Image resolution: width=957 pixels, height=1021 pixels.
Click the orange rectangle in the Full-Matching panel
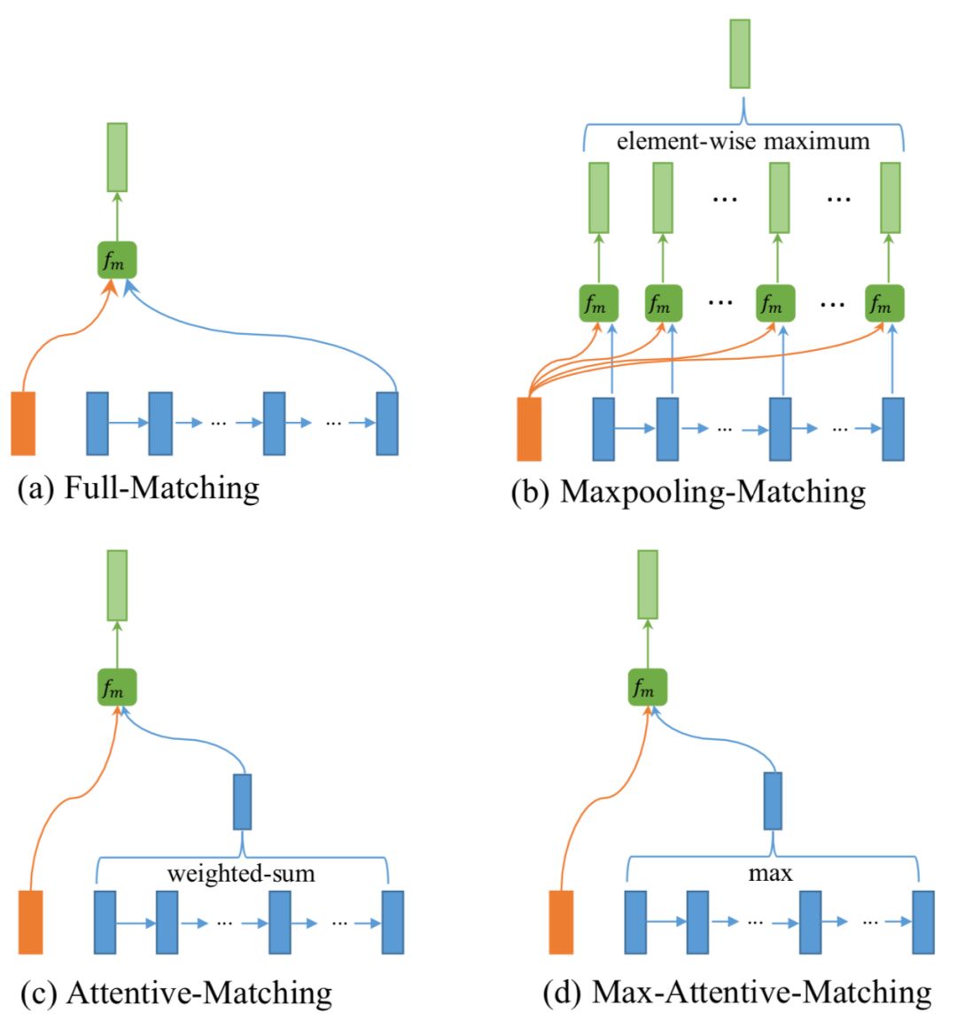[23, 423]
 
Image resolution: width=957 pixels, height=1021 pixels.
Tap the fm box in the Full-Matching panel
[116, 261]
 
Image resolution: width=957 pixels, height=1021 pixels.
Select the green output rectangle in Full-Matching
[117, 157]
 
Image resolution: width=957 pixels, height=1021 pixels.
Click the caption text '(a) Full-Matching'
[139, 487]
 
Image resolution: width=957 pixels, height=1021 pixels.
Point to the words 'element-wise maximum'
[743, 141]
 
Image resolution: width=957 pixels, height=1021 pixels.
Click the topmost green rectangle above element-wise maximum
[740, 54]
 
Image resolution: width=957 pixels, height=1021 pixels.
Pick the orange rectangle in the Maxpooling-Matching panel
[529, 429]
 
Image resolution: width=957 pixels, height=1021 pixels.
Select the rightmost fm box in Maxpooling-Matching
[884, 304]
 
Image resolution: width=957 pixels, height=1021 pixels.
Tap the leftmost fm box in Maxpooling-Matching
[598, 304]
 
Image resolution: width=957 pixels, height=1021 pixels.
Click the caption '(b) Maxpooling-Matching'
[689, 492]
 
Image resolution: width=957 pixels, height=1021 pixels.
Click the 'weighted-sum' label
[241, 874]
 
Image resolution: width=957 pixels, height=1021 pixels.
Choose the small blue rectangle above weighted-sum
[241, 802]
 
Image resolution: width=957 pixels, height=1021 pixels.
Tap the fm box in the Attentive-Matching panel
[116, 688]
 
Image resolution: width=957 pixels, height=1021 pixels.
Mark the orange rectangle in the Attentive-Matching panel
[31, 922]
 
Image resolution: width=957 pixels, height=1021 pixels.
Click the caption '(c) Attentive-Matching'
[175, 993]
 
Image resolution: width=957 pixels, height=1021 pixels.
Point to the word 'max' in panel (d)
[771, 874]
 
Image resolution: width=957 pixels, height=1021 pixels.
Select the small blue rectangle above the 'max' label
[773, 800]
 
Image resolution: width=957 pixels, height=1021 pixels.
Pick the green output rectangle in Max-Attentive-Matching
[648, 584]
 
